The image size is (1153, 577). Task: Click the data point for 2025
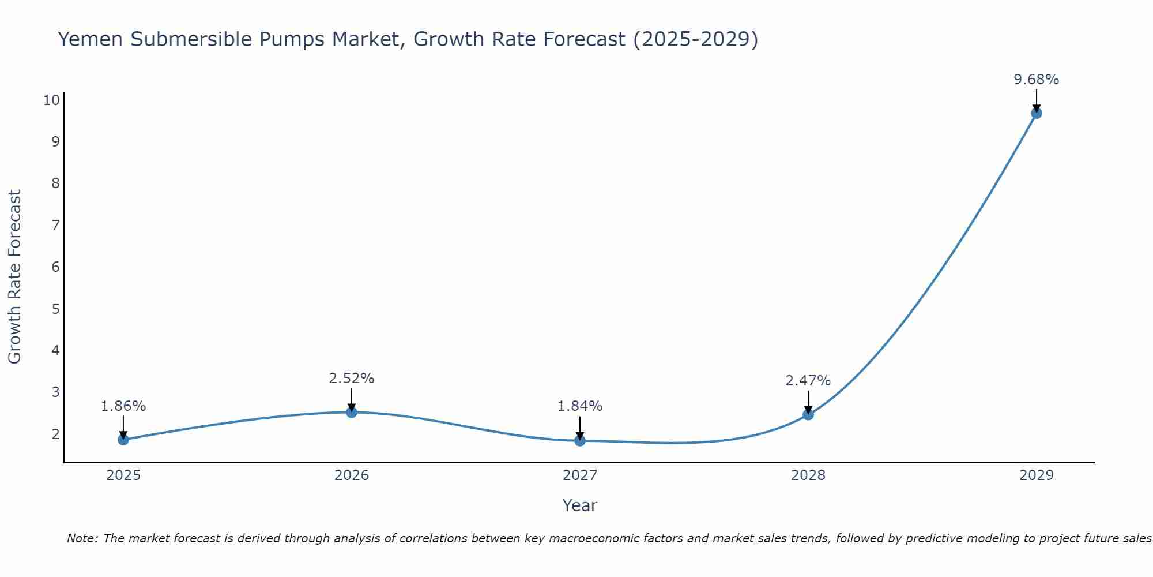pos(123,440)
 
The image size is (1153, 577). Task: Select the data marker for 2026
pos(352,412)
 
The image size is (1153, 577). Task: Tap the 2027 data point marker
pos(580,441)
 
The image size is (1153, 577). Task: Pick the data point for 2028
pos(808,414)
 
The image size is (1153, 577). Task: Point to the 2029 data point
pos(1037,113)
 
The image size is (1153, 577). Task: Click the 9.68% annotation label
pos(1037,80)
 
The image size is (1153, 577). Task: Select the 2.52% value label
pos(352,379)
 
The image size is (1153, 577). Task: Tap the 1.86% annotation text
pos(123,406)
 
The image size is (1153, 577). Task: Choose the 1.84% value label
pos(580,406)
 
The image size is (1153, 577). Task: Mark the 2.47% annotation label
pos(808,381)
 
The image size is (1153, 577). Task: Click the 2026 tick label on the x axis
pos(352,475)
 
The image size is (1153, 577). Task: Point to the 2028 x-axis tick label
pos(808,475)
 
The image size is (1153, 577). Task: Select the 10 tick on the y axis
pos(51,100)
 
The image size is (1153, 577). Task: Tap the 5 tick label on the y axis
pos(55,309)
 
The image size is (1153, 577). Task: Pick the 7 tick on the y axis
pos(55,225)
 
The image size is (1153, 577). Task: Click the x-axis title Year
pos(580,505)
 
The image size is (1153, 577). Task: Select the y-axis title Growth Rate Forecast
pos(14,277)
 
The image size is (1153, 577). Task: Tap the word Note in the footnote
pos(82,538)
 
